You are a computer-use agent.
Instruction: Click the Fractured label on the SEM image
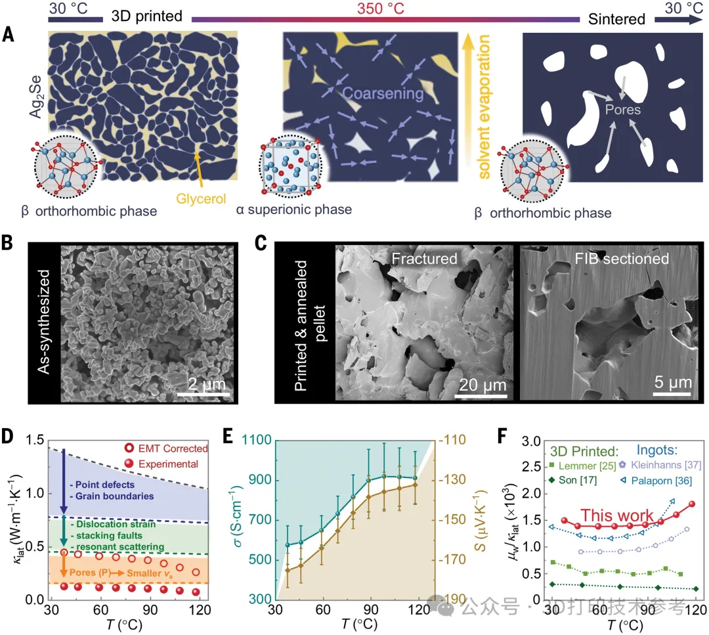tap(424, 259)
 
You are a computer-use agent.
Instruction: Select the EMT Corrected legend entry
tap(173, 449)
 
